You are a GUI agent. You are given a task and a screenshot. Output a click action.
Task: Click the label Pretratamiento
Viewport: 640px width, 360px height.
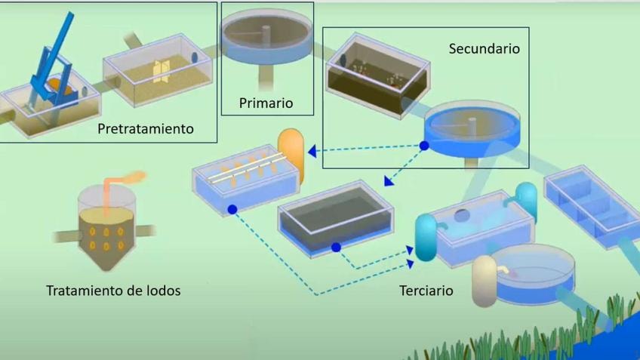(x=145, y=129)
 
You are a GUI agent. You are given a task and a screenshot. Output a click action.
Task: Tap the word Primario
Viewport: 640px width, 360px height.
(x=266, y=103)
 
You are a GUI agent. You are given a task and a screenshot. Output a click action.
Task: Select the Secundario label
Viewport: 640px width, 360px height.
(x=484, y=48)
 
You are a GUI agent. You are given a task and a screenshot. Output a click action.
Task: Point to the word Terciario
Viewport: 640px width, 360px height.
(x=426, y=290)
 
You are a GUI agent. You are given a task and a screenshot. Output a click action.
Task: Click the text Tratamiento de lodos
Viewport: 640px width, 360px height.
(x=113, y=291)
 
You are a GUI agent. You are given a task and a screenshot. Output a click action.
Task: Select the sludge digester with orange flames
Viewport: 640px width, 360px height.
(x=106, y=226)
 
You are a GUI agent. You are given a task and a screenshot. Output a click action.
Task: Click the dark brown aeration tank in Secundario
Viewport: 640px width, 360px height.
(x=377, y=75)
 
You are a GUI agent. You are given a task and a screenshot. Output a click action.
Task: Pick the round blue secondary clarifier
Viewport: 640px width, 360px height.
(x=472, y=128)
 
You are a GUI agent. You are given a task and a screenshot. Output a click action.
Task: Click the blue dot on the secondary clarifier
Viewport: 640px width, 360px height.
(x=425, y=145)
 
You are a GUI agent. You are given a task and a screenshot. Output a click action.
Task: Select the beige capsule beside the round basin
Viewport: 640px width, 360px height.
(x=483, y=281)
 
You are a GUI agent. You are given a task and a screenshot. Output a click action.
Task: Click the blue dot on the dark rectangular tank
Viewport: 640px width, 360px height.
(x=336, y=247)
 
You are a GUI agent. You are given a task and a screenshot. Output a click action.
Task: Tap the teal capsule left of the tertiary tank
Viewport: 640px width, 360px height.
(x=426, y=238)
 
